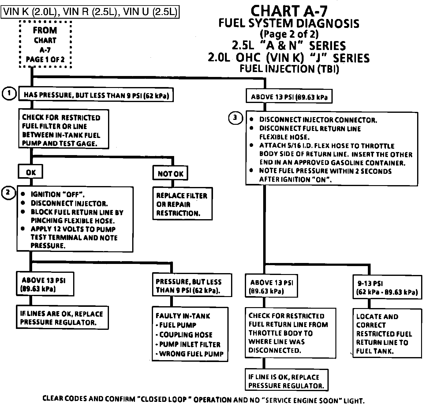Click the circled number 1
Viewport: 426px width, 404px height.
click(x=9, y=93)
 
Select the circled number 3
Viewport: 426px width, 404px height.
click(x=235, y=118)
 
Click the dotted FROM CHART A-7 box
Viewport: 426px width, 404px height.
click(x=45, y=44)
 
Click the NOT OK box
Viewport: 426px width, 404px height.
click(x=170, y=173)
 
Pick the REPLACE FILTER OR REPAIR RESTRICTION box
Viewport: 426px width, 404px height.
click(x=182, y=204)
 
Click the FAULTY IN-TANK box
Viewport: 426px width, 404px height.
click(x=190, y=334)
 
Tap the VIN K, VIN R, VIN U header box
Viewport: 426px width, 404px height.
click(x=90, y=12)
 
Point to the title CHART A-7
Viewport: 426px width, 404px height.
click(x=289, y=11)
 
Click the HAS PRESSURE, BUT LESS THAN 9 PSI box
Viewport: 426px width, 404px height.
click(x=96, y=95)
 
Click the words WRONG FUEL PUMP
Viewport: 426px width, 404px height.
click(x=191, y=354)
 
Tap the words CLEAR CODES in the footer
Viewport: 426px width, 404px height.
click(x=65, y=398)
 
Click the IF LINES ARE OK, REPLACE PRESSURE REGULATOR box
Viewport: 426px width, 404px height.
click(x=62, y=318)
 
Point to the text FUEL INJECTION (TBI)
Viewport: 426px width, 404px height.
click(x=289, y=69)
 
